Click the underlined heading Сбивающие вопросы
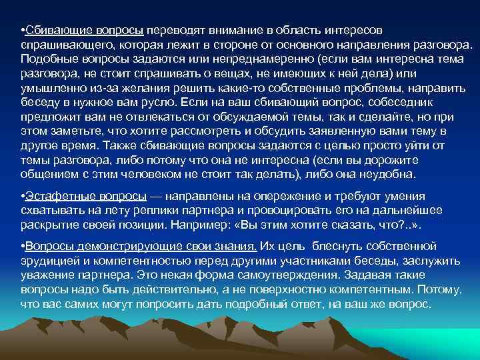click(x=85, y=31)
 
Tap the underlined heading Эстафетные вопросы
click(x=87, y=195)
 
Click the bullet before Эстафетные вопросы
click(x=23, y=195)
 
